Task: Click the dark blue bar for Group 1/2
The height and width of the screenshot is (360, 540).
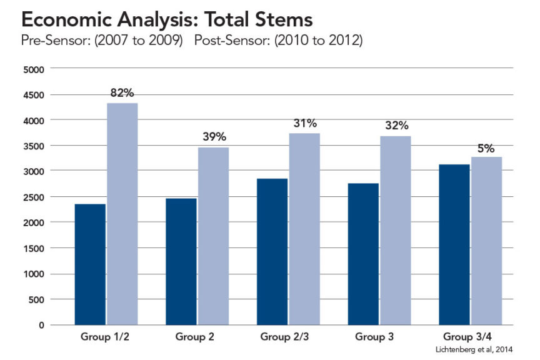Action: pos(90,264)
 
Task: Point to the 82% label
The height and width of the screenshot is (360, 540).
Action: pos(122,93)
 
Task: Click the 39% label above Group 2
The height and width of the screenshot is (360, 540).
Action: pos(214,137)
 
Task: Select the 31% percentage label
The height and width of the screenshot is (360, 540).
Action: pos(305,122)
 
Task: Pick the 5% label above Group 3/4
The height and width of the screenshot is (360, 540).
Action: pos(486,148)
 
